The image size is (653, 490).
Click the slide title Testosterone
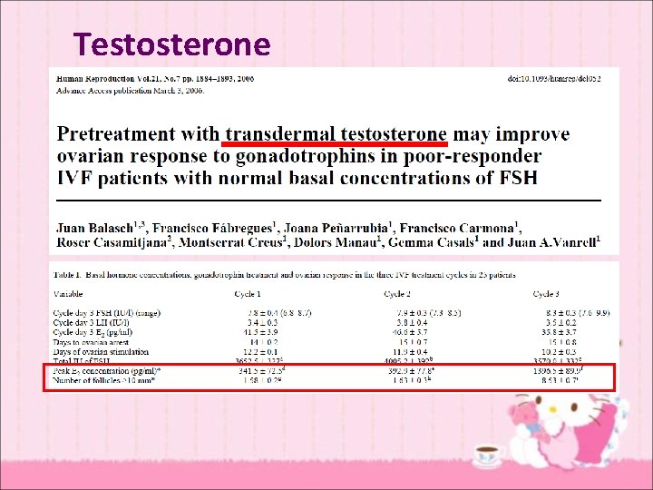[x=172, y=44]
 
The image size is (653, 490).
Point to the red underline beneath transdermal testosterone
[x=336, y=143]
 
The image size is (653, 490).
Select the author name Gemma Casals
[x=434, y=242]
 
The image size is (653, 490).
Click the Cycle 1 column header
[x=247, y=294]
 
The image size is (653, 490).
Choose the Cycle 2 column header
[x=396, y=294]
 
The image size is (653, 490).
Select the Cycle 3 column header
[x=545, y=294]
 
